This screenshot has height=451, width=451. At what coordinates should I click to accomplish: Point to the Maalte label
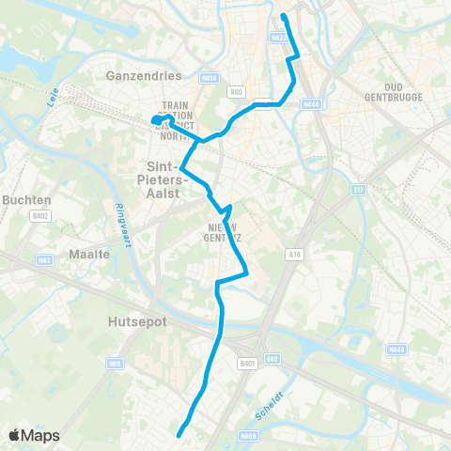point(90,254)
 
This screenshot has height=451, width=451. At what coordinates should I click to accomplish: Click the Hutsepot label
point(123,319)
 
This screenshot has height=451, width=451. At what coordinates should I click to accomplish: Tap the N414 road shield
point(209,77)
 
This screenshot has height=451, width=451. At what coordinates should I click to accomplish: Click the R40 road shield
point(237,92)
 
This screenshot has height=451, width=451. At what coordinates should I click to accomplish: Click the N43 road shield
point(43,259)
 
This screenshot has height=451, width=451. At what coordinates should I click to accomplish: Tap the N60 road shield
point(116,362)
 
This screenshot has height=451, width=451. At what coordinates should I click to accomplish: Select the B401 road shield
point(247,363)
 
